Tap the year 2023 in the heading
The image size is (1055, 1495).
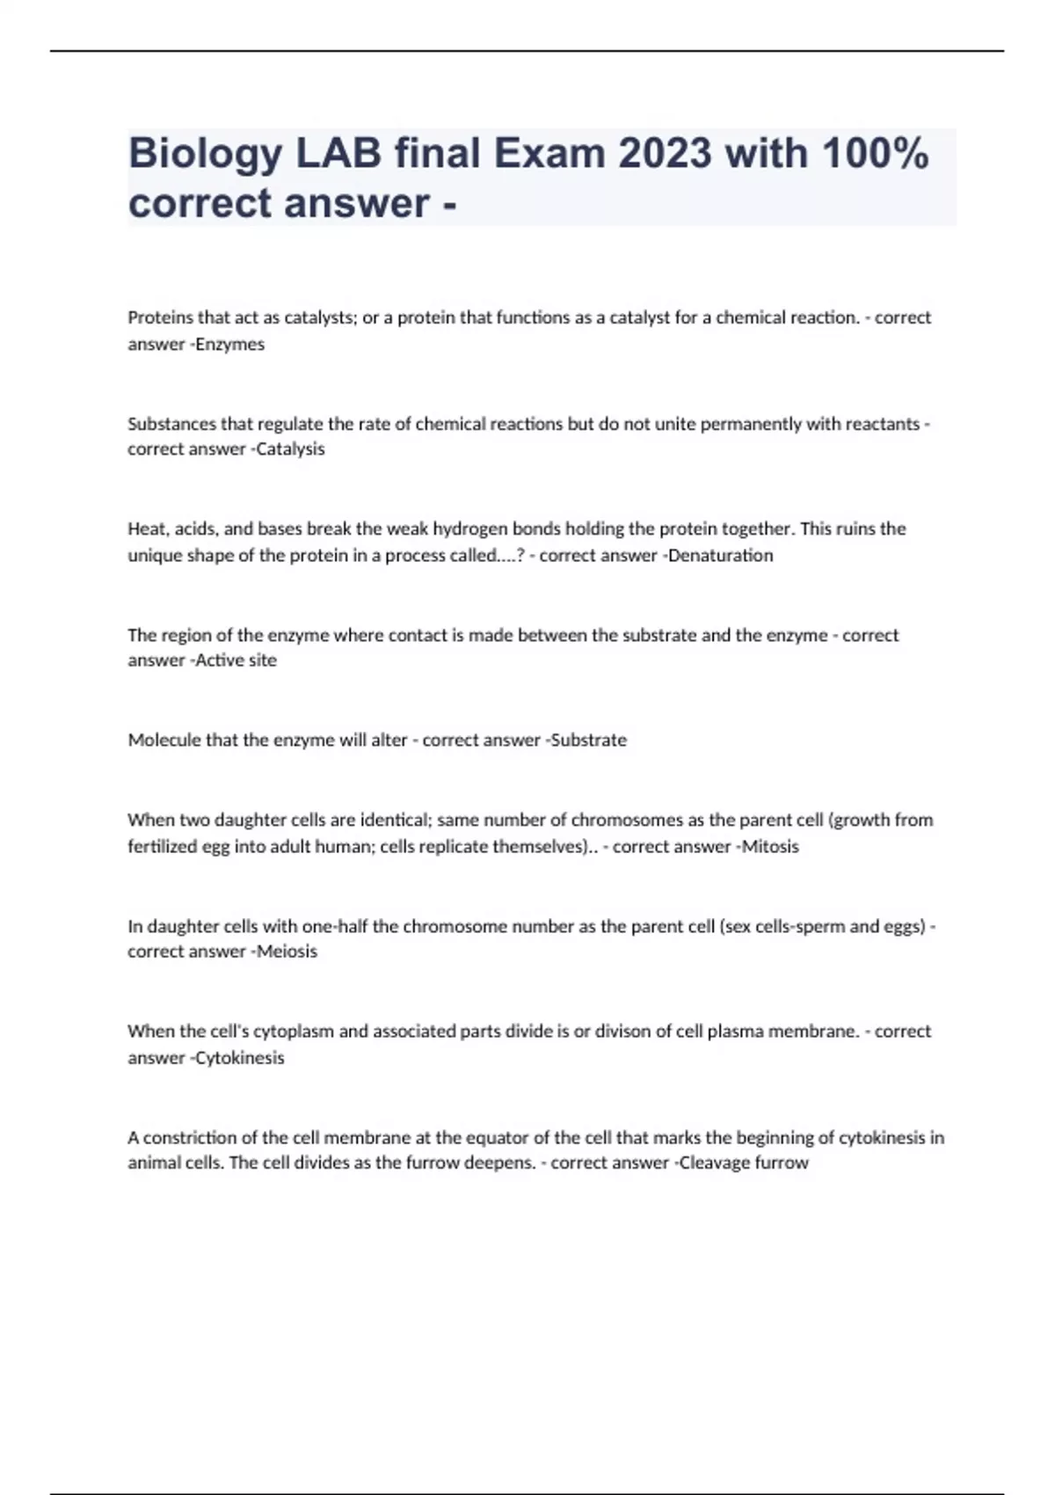pyautogui.click(x=664, y=154)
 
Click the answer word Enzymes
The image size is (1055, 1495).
pyautogui.click(x=230, y=345)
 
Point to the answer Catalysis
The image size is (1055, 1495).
pyautogui.click(x=290, y=449)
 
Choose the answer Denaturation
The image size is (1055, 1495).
pyautogui.click(x=721, y=556)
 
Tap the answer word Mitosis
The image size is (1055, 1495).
pyautogui.click(x=770, y=847)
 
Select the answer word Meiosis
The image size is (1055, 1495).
pyautogui.click(x=287, y=952)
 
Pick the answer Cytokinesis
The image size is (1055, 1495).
pyautogui.click(x=240, y=1058)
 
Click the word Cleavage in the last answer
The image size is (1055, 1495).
pyautogui.click(x=710, y=1163)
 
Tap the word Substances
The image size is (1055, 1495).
pyautogui.click(x=171, y=424)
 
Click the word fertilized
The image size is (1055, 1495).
pyautogui.click(x=163, y=847)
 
